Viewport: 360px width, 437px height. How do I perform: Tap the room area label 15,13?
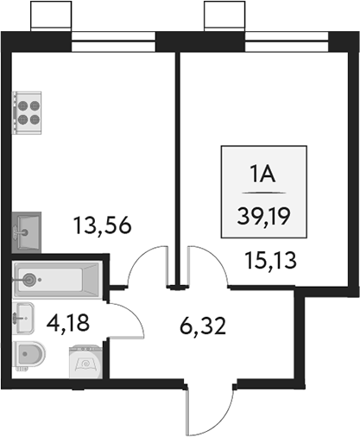point(264,258)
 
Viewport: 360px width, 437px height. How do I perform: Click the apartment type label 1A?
point(262,176)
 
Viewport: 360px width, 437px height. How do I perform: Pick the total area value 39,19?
point(262,214)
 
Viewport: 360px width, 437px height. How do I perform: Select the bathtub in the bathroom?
point(57,279)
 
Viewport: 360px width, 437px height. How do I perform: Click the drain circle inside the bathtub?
point(32,279)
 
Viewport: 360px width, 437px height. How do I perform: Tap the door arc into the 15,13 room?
point(207,263)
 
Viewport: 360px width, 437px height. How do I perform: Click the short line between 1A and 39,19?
point(262,195)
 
